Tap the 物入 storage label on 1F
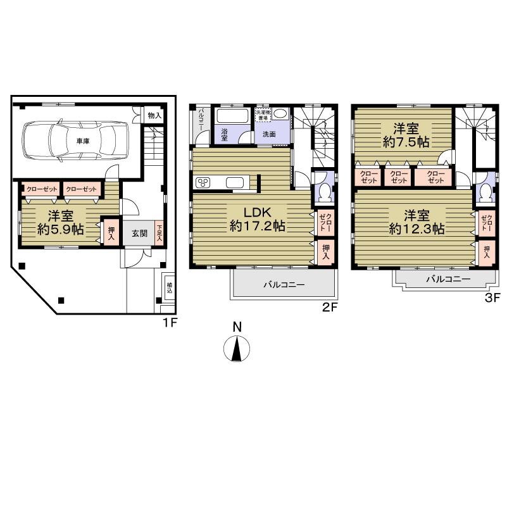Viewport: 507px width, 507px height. coord(154,115)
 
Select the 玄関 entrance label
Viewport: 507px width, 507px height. coord(139,233)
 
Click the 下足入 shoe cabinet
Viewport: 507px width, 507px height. coord(159,232)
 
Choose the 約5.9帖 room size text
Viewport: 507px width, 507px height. coord(61,230)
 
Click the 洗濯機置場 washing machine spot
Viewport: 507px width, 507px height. coord(263,115)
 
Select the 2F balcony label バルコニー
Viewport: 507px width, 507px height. coord(284,285)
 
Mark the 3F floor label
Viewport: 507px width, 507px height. coord(492,297)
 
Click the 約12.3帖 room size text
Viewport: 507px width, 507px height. coord(415,229)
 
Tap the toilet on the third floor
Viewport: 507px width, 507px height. coord(485,190)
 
